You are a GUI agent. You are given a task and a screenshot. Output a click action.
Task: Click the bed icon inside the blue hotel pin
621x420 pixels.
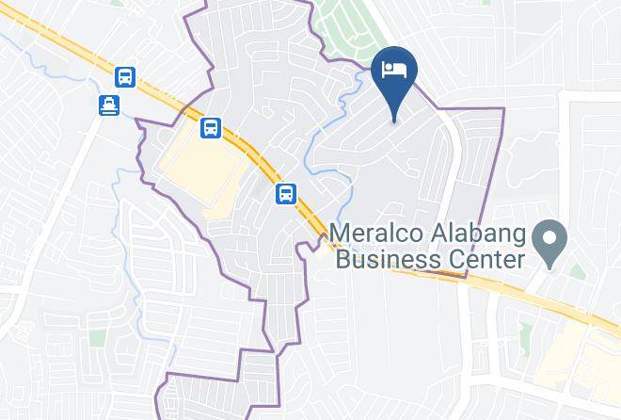(x=394, y=69)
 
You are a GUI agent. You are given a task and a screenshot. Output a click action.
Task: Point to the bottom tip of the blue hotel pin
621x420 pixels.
(x=394, y=120)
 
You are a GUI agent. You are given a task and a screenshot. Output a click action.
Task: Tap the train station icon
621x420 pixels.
(x=111, y=105)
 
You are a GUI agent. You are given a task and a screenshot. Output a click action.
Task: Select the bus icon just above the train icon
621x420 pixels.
(x=124, y=77)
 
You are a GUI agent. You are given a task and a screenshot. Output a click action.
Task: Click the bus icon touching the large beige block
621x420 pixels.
(x=211, y=127)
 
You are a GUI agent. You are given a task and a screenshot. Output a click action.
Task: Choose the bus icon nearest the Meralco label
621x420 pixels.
(x=286, y=194)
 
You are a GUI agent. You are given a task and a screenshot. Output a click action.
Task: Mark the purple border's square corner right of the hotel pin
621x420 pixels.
(x=503, y=109)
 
